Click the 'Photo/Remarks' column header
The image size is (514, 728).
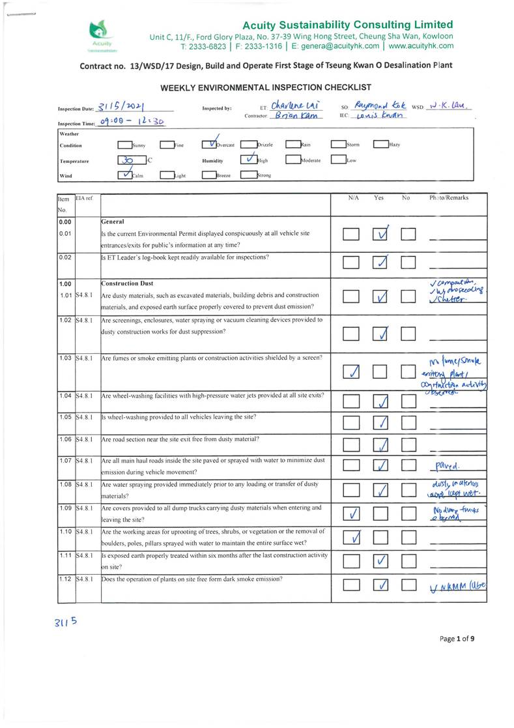click(x=448, y=197)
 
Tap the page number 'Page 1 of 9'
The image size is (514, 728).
click(x=456, y=638)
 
